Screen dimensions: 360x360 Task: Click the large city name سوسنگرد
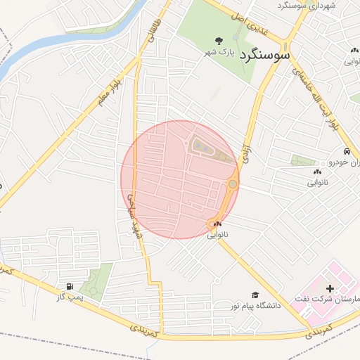[266, 54]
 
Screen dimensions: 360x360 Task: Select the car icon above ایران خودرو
[347, 152]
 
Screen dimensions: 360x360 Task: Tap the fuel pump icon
[69, 286]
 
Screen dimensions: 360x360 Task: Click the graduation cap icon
[255, 295]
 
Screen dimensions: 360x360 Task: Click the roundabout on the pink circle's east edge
[232, 184]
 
